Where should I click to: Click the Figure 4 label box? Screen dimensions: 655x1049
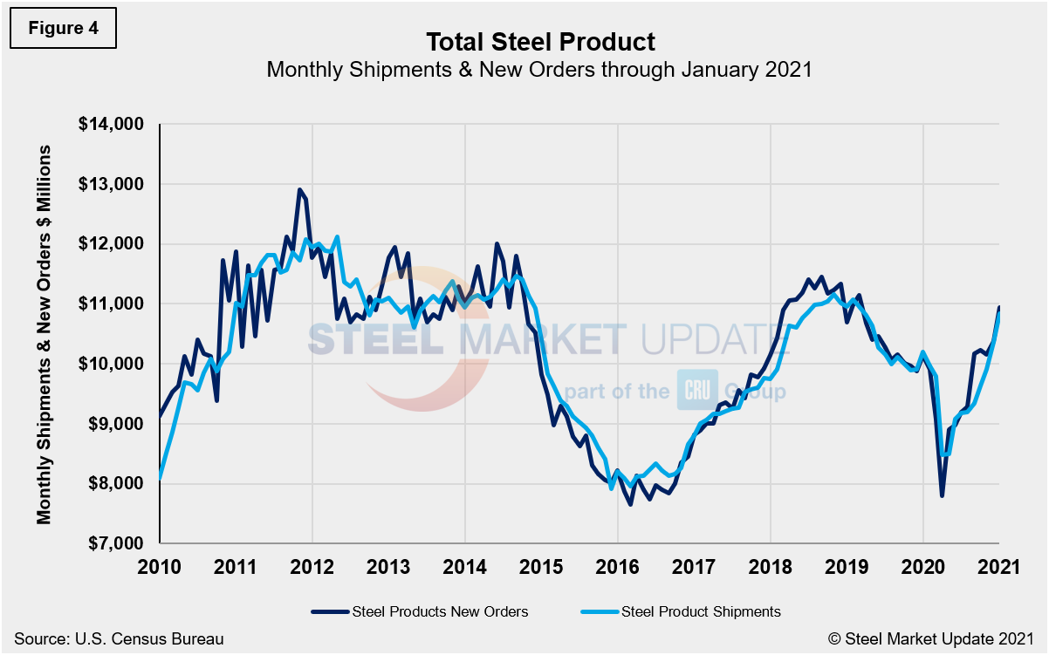click(63, 28)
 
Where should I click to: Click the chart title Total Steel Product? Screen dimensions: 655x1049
click(540, 41)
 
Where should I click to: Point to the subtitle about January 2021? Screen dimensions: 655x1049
click(539, 70)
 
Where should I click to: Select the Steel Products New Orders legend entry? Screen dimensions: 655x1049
click(420, 611)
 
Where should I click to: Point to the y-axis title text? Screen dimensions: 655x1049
click(44, 334)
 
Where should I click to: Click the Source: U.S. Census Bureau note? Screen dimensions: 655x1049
click(119, 639)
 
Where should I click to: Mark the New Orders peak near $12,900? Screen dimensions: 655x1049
click(299, 189)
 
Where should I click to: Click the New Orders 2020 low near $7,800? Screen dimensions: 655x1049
click(942, 495)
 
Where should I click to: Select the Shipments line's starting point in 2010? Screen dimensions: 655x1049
click(161, 478)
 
